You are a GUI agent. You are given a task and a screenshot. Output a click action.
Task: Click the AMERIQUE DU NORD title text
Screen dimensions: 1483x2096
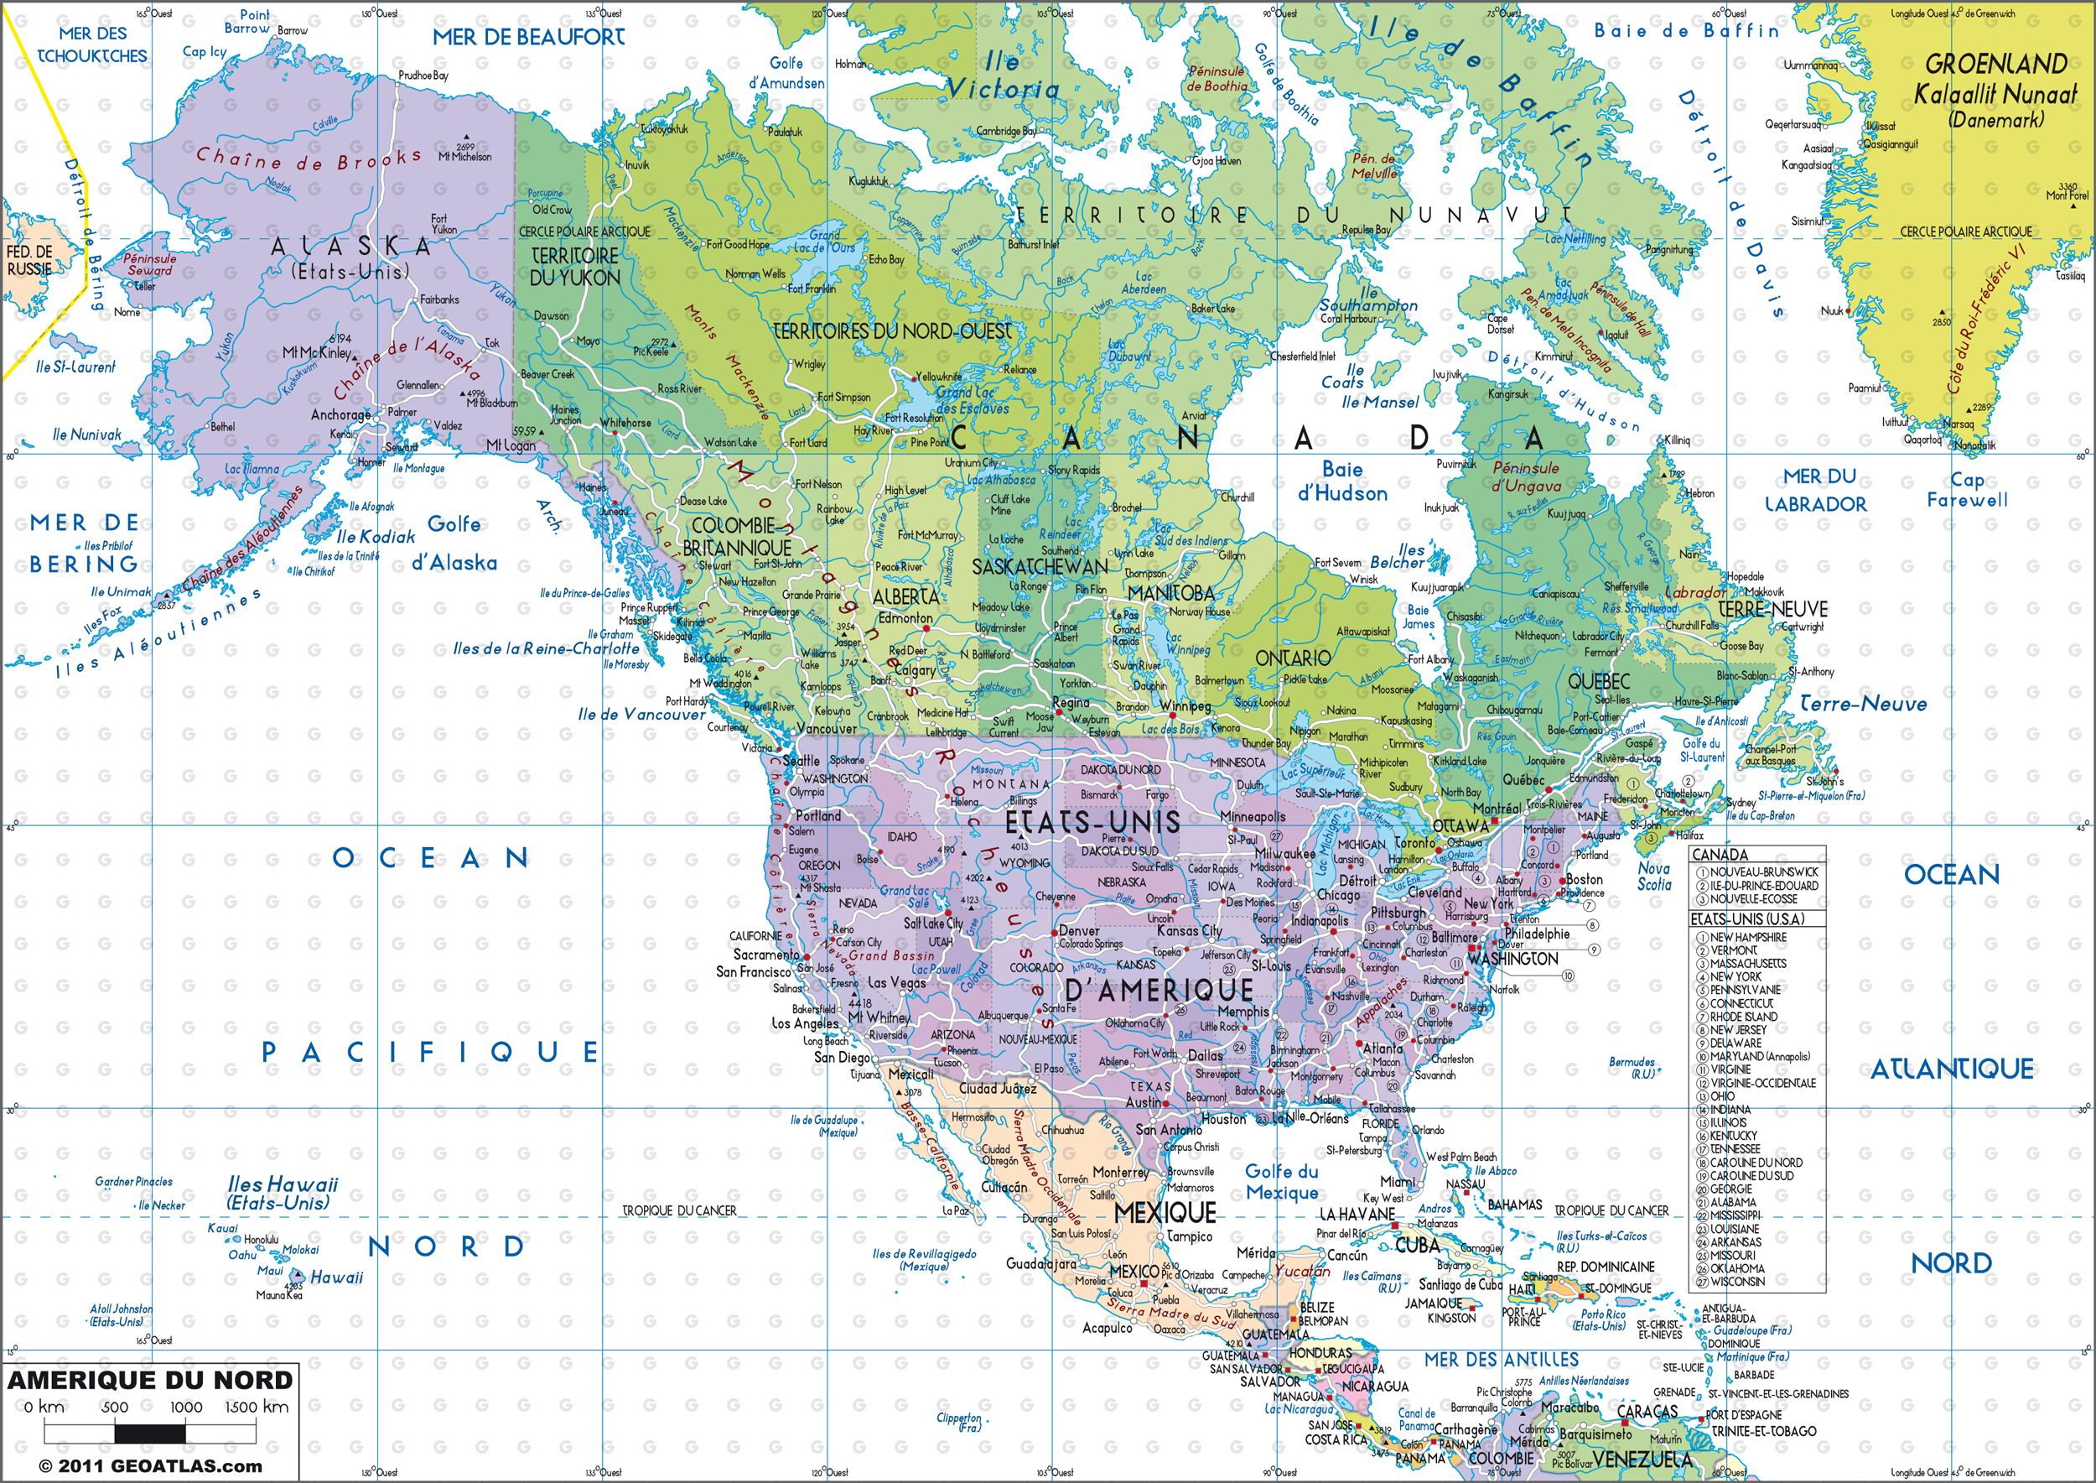coord(151,1380)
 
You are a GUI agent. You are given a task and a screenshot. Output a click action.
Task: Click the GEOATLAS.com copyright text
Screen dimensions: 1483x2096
coord(150,1466)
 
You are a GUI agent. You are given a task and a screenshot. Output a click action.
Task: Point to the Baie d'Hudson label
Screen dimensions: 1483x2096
coord(1342,482)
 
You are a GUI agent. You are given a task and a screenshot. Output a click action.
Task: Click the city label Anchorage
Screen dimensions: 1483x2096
coord(340,414)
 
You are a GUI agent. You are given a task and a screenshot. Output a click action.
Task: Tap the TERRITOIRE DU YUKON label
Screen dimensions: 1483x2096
coord(575,267)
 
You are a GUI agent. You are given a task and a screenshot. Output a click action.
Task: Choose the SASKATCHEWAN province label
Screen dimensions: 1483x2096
coord(1040,567)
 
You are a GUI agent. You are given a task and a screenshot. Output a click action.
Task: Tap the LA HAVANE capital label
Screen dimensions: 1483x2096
coord(1357,1214)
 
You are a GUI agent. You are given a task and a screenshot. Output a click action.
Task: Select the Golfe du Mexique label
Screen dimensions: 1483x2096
coord(1283,1182)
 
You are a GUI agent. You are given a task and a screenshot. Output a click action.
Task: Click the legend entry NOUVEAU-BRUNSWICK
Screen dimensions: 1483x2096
coord(1763,872)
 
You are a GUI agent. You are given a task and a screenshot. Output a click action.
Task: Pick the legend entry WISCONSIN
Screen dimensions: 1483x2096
coord(1736,1281)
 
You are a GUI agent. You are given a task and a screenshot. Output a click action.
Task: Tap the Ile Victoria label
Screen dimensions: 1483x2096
coord(1004,76)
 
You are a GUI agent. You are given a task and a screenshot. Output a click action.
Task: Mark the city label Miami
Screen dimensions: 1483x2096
coord(1398,1182)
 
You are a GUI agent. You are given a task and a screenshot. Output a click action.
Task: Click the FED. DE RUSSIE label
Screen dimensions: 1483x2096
coord(30,261)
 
